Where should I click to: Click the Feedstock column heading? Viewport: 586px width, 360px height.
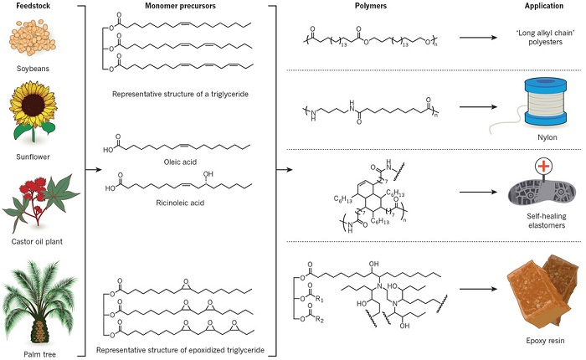(x=33, y=6)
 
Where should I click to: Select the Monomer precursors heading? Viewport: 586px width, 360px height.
(x=180, y=6)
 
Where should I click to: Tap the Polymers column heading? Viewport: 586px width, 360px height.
(x=370, y=6)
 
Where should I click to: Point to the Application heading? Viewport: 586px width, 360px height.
(x=543, y=6)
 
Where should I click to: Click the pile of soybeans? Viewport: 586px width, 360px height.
(x=33, y=38)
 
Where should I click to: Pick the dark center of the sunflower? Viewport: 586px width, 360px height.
(x=33, y=105)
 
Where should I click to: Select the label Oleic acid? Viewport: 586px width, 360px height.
(x=180, y=162)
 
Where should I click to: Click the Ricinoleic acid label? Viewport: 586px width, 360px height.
(x=180, y=203)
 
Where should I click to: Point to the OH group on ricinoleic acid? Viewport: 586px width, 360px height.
(x=208, y=174)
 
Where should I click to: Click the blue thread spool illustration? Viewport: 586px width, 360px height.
(x=546, y=101)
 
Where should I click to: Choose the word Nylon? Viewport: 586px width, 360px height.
(x=547, y=137)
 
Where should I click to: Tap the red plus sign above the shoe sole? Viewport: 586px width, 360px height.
(x=544, y=166)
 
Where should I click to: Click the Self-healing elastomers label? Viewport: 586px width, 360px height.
(x=547, y=220)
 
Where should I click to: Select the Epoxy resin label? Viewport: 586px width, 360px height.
(x=545, y=341)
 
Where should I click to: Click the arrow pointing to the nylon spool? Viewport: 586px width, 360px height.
(x=478, y=107)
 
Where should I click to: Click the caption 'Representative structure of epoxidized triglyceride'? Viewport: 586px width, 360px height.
(x=180, y=350)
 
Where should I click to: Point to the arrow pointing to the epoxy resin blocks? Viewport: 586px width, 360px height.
(x=478, y=289)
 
